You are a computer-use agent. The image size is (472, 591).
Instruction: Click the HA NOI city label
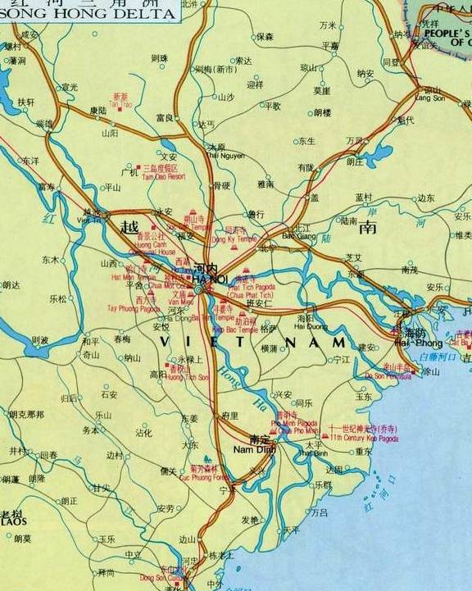click(x=205, y=278)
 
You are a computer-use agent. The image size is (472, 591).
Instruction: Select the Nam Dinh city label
click(x=247, y=449)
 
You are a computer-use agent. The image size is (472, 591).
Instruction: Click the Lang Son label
click(x=429, y=98)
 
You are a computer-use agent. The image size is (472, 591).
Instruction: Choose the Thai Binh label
click(x=313, y=452)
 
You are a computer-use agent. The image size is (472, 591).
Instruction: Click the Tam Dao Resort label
click(x=164, y=176)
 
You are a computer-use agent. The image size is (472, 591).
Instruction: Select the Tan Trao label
click(x=120, y=105)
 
